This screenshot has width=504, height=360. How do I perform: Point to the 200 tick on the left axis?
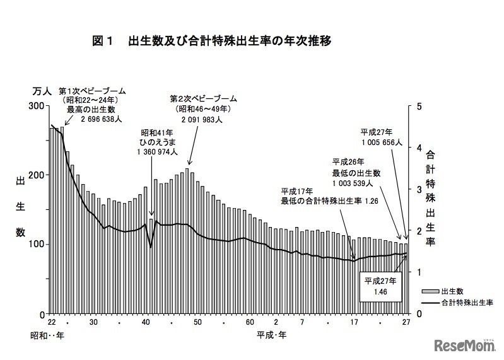point(38,175)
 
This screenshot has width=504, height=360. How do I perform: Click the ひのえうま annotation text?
point(160,142)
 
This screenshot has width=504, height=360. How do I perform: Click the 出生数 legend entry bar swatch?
point(430,291)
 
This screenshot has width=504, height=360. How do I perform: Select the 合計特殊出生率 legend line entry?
point(430,303)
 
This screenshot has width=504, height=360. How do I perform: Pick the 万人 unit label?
point(42,91)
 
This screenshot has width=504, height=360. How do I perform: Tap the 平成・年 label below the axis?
point(273,335)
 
